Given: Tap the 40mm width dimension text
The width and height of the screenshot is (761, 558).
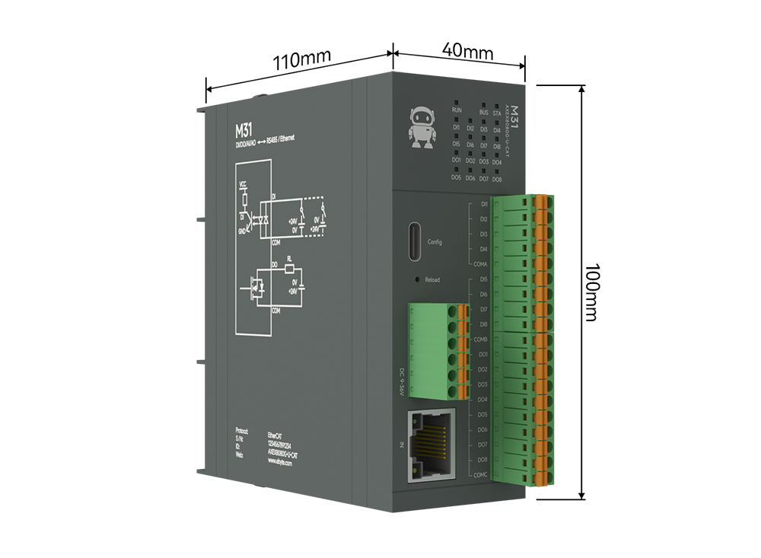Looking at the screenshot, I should [x=467, y=53].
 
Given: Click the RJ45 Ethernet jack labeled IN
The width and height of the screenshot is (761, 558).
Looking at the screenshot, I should [x=431, y=444].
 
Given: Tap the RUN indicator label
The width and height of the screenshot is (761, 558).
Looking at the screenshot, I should [x=457, y=111].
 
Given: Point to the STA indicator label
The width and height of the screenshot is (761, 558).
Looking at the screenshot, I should [x=497, y=113].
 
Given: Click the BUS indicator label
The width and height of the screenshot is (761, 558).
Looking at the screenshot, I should [x=483, y=112].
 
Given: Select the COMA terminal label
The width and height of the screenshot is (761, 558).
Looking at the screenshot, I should [x=479, y=264].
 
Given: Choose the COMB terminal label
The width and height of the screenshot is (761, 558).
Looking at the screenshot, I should [x=479, y=340].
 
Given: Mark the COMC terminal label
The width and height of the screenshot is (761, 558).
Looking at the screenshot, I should [x=479, y=475].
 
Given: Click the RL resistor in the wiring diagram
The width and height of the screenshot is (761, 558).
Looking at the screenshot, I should [x=289, y=268].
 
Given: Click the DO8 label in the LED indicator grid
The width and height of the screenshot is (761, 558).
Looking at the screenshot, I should [x=497, y=179].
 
